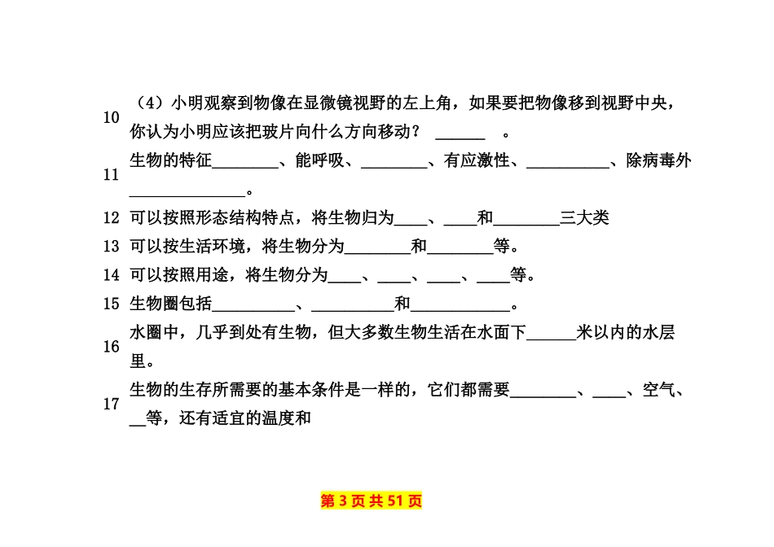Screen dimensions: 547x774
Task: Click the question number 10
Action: (x=112, y=117)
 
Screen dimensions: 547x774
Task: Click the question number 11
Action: (x=112, y=175)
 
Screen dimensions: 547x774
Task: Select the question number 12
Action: (x=112, y=218)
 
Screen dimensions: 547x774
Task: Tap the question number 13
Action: (x=112, y=247)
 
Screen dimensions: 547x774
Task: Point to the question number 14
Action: (x=112, y=275)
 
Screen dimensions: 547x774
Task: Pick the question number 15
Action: (x=112, y=304)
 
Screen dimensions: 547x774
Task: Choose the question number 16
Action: (x=112, y=347)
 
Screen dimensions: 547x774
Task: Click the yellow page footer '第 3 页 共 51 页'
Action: (x=372, y=501)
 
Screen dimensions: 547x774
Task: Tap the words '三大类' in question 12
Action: (x=585, y=218)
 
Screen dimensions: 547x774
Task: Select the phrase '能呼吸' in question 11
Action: (x=320, y=161)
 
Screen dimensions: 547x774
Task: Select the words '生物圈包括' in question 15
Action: (x=171, y=304)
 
